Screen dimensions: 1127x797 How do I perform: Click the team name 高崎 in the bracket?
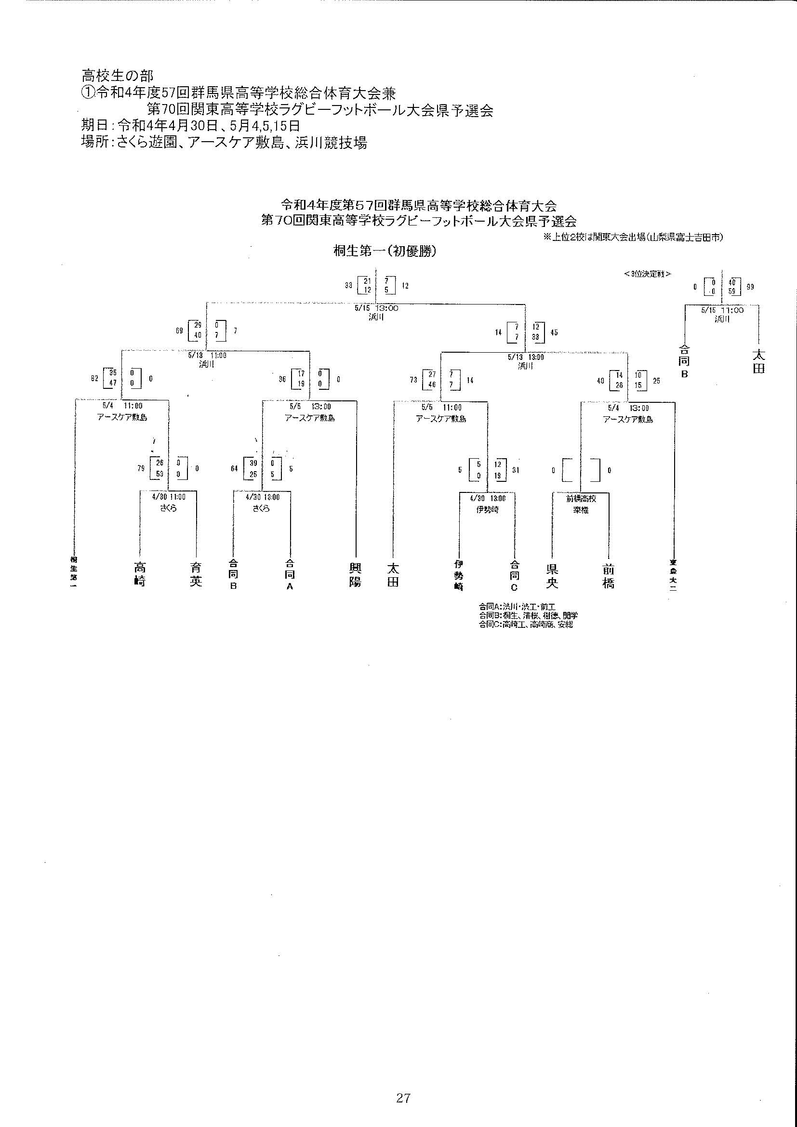point(140,575)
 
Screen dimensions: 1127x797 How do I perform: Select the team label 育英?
point(196,575)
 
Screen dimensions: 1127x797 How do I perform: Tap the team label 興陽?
point(355,575)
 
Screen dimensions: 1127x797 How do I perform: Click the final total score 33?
point(348,285)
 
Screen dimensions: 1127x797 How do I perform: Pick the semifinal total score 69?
point(179,331)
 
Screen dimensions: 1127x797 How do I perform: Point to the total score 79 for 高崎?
point(141,469)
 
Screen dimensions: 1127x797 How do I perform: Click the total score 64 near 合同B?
point(234,468)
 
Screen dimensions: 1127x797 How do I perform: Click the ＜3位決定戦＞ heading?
point(647,274)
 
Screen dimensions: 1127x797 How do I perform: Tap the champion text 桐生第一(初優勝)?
point(385,252)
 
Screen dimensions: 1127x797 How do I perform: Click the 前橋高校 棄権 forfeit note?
point(581,504)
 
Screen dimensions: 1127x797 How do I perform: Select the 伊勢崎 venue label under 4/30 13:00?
point(487,510)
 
